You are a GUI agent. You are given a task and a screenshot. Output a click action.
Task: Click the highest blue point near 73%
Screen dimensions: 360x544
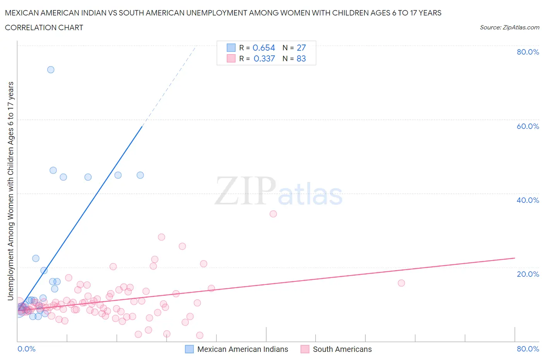pos(51,70)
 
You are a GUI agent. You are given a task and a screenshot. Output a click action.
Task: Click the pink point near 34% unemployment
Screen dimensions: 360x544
pos(273,214)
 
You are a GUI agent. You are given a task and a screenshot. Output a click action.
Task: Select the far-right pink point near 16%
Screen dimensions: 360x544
pos(401,283)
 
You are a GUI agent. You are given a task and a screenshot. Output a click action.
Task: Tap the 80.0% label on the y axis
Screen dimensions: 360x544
pos(528,52)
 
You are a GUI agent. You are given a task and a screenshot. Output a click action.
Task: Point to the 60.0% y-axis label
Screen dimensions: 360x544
pos(528,126)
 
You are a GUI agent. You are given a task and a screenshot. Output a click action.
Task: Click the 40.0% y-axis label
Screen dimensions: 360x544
pos(528,200)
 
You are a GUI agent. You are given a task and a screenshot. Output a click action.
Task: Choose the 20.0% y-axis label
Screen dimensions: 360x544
pos(528,274)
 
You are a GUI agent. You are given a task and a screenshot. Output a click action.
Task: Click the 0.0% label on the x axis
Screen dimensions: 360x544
pos(26,349)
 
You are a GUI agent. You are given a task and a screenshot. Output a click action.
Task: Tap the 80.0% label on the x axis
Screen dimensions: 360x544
pos(528,349)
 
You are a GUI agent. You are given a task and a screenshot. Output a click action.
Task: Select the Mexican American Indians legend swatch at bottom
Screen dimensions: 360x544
pos(189,349)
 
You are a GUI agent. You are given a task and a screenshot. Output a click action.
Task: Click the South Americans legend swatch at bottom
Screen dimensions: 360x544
pos(305,349)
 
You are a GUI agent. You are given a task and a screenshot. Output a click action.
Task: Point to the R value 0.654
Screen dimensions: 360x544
pos(263,48)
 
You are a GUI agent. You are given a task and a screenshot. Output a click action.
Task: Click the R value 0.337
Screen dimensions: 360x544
pos(264,58)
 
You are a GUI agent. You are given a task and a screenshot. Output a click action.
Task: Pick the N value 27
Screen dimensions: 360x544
pos(301,48)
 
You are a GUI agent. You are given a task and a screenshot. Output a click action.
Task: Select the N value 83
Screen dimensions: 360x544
pos(301,58)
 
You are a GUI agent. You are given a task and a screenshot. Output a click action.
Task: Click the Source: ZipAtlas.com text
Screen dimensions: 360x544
pos(509,27)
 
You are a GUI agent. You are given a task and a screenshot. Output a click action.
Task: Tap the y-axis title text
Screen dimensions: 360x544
pos(10,191)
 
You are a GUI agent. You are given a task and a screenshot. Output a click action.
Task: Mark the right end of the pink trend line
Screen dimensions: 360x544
pos(515,258)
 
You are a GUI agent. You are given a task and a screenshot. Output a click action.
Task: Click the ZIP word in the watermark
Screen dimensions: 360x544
pos(245,191)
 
